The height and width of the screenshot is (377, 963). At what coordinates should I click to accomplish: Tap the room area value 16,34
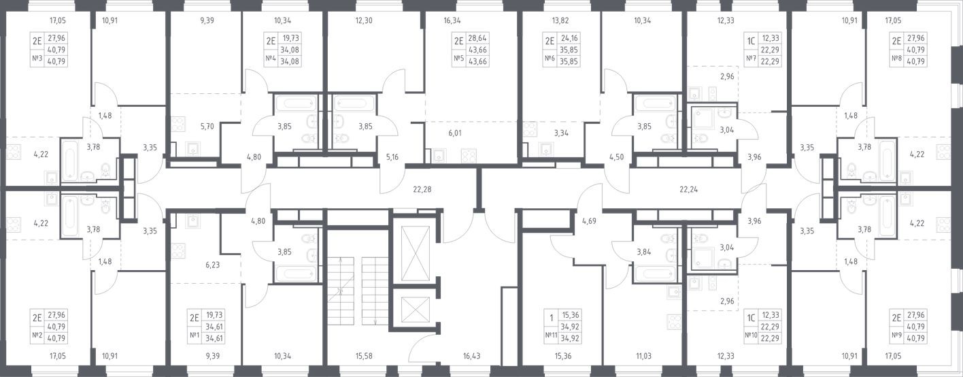pyautogui.click(x=452, y=21)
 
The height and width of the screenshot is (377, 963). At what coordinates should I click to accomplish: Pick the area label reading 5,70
pyautogui.click(x=190, y=126)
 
